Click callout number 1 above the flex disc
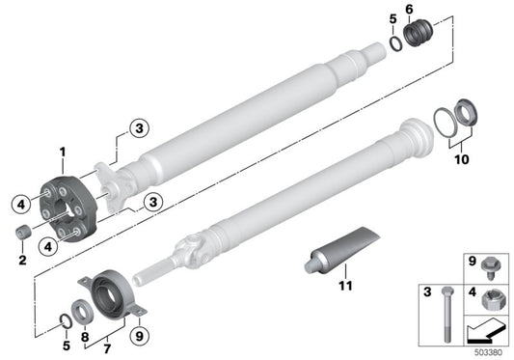coord(63,152)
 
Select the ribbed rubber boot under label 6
coord(417,35)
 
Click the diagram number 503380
coord(490,353)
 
